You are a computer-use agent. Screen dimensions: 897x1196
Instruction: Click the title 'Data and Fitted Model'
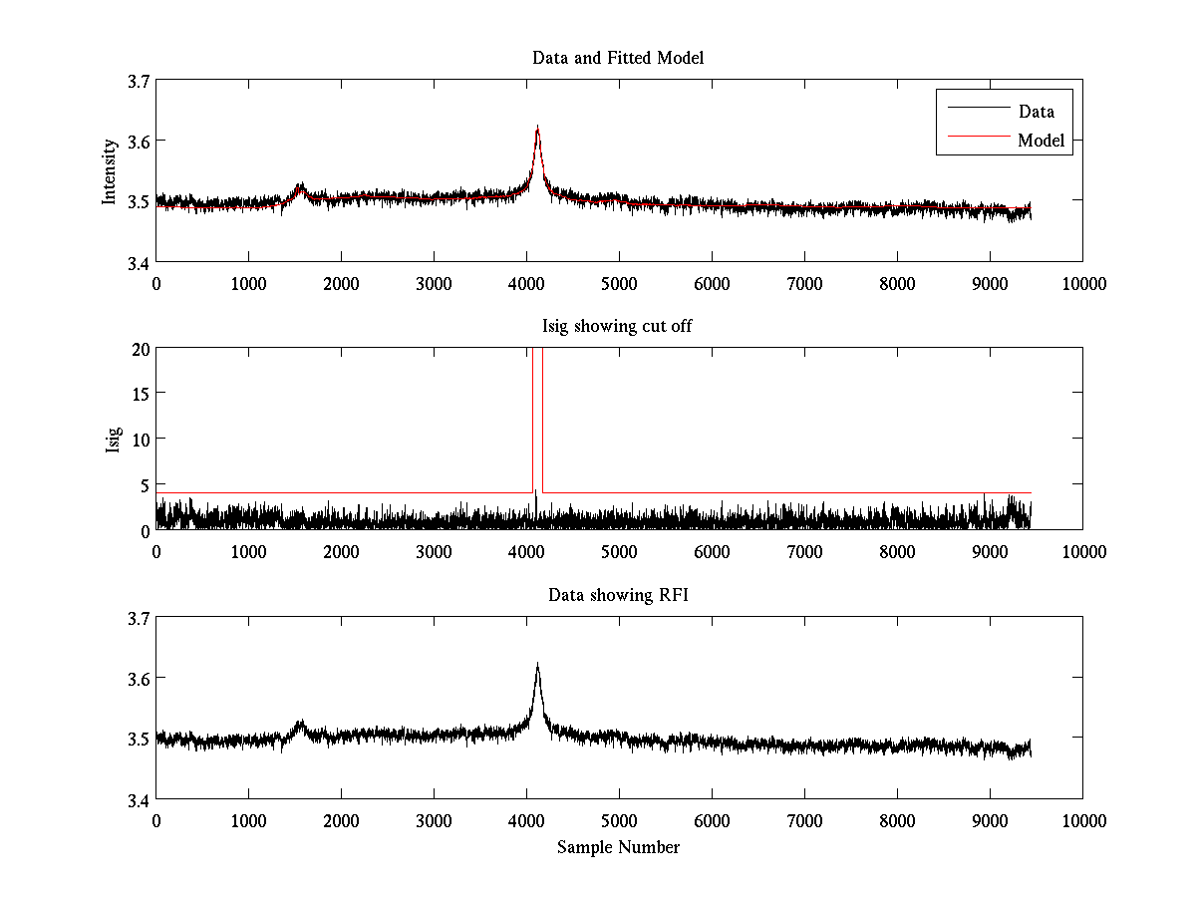pos(618,58)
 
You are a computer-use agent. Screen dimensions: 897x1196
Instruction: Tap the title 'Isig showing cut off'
pos(618,326)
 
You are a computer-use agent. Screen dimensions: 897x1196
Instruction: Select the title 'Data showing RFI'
pos(618,595)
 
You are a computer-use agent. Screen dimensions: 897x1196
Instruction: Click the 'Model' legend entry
pos(1041,141)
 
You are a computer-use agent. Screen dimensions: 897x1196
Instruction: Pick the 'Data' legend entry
pos(1036,112)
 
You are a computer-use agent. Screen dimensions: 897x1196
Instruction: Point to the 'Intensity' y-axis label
pos(111,171)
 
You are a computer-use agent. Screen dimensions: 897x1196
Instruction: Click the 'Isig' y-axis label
pos(113,440)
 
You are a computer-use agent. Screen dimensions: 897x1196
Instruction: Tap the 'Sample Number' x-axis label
pos(618,847)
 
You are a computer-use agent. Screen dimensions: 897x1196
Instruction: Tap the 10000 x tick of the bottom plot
pos(1083,821)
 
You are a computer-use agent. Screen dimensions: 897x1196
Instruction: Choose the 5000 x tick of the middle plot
pos(619,552)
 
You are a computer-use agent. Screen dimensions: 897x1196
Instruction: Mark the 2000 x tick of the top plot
pos(341,284)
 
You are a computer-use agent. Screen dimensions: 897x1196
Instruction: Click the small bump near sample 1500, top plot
pos(299,187)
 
